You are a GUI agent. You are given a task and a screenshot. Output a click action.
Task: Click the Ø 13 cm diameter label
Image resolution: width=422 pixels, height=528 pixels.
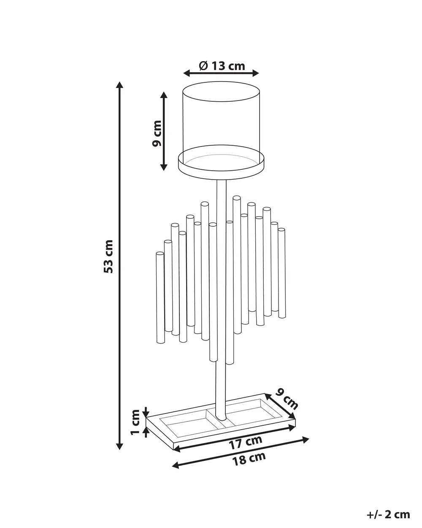tap(222, 66)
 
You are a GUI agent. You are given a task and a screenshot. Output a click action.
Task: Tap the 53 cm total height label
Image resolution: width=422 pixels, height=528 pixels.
tap(108, 257)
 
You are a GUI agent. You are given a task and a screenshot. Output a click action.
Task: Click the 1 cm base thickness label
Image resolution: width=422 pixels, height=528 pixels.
tap(135, 422)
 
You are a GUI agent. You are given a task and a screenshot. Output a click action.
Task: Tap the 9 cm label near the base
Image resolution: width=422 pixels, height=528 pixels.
tap(286, 399)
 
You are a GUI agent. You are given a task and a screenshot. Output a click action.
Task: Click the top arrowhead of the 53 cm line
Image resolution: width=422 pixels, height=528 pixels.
tap(119, 85)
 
